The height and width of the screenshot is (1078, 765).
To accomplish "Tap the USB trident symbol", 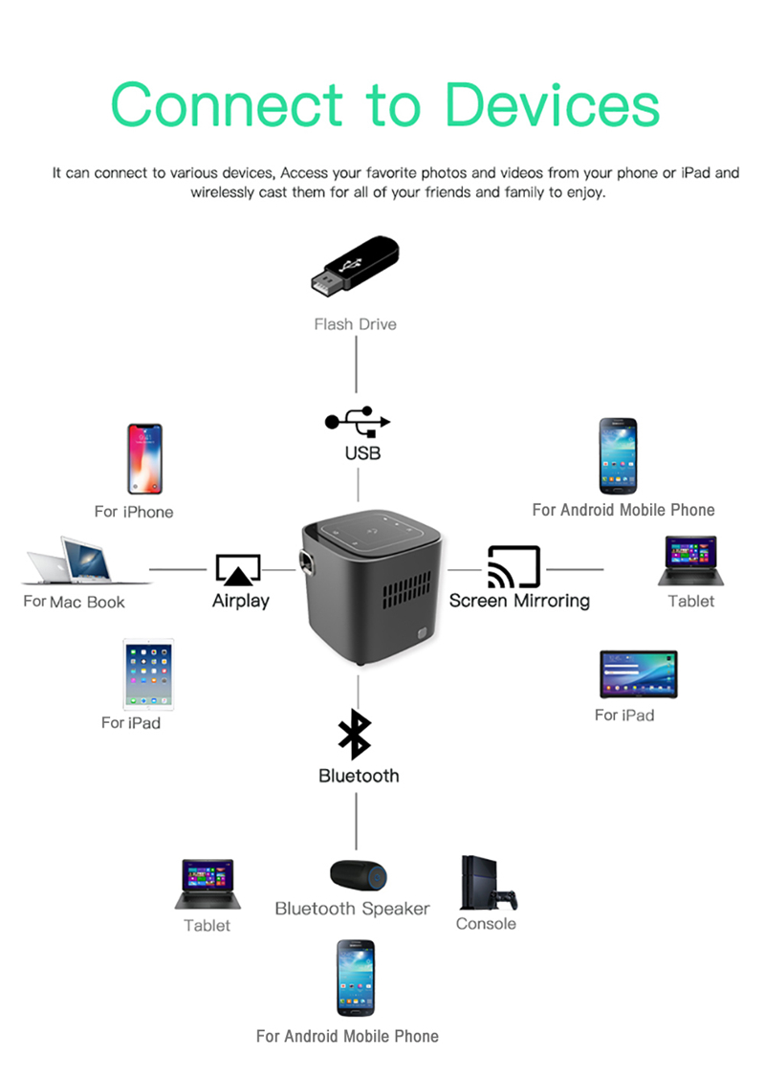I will (358, 420).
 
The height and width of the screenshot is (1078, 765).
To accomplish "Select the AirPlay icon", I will (238, 569).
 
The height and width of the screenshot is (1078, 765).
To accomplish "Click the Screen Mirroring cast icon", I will (514, 567).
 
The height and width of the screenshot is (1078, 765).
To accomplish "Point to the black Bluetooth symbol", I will (355, 735).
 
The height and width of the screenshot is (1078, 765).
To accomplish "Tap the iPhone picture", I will (145, 459).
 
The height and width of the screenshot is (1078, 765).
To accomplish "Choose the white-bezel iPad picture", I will (148, 673).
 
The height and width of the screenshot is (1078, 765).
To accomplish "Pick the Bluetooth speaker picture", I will (358, 874).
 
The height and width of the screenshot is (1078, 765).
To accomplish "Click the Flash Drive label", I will (355, 324).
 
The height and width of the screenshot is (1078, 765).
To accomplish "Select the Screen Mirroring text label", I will (519, 601).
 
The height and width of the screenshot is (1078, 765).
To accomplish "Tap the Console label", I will (486, 923).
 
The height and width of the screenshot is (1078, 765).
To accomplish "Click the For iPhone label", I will (134, 512).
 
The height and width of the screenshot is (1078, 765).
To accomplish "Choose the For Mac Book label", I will (75, 602).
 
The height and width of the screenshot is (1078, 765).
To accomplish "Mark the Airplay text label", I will (240, 601).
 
